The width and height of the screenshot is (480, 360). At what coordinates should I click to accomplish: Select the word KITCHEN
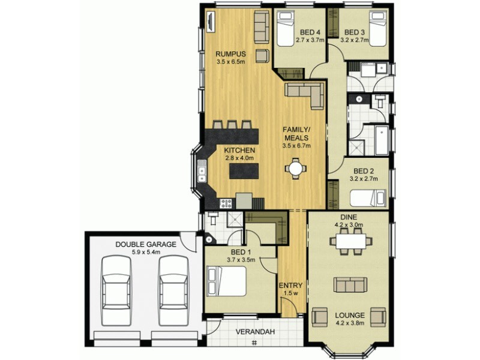tap(240, 150)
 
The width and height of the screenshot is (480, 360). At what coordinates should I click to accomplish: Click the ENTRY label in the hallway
tap(290, 285)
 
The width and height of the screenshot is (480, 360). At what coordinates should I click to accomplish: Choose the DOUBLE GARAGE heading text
tap(146, 244)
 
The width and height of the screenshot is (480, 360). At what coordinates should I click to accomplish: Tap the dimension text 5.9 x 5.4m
tap(146, 253)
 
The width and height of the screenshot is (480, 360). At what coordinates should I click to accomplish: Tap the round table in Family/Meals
tap(295, 169)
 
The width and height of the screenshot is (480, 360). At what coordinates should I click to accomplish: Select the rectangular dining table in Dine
tap(351, 241)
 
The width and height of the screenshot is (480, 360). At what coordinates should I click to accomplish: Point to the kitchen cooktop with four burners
tap(227, 203)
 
